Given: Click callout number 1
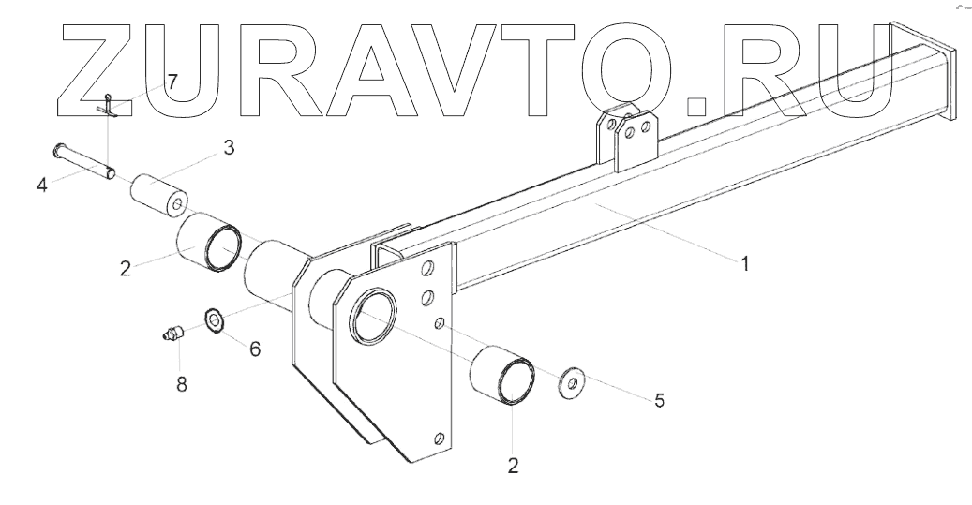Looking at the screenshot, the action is click(x=745, y=265).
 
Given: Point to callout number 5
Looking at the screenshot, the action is click(x=659, y=400).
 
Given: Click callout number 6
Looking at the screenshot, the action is click(x=254, y=349).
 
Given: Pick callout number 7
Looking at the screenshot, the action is click(x=172, y=81).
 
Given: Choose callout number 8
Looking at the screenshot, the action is click(x=181, y=383).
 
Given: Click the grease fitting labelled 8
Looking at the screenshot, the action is click(x=171, y=334).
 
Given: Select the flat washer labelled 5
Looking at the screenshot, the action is click(x=569, y=384).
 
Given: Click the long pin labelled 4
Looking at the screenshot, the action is click(x=85, y=159).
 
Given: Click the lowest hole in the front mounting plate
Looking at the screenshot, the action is click(x=439, y=437).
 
